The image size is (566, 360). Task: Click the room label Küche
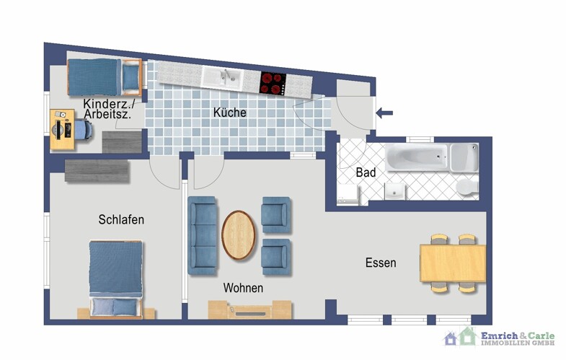(230, 113)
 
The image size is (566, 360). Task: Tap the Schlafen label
(121, 219)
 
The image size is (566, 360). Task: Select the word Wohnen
(243, 288)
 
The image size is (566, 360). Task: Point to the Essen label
(380, 263)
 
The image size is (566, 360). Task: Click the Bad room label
(366, 173)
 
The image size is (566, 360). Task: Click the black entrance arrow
(385, 112)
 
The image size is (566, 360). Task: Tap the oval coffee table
(239, 234)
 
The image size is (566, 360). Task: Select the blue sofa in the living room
(203, 235)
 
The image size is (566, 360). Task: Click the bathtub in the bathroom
(416, 157)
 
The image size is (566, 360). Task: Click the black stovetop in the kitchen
(273, 83)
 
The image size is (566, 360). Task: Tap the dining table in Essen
(452, 263)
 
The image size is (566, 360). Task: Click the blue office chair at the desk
(80, 129)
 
